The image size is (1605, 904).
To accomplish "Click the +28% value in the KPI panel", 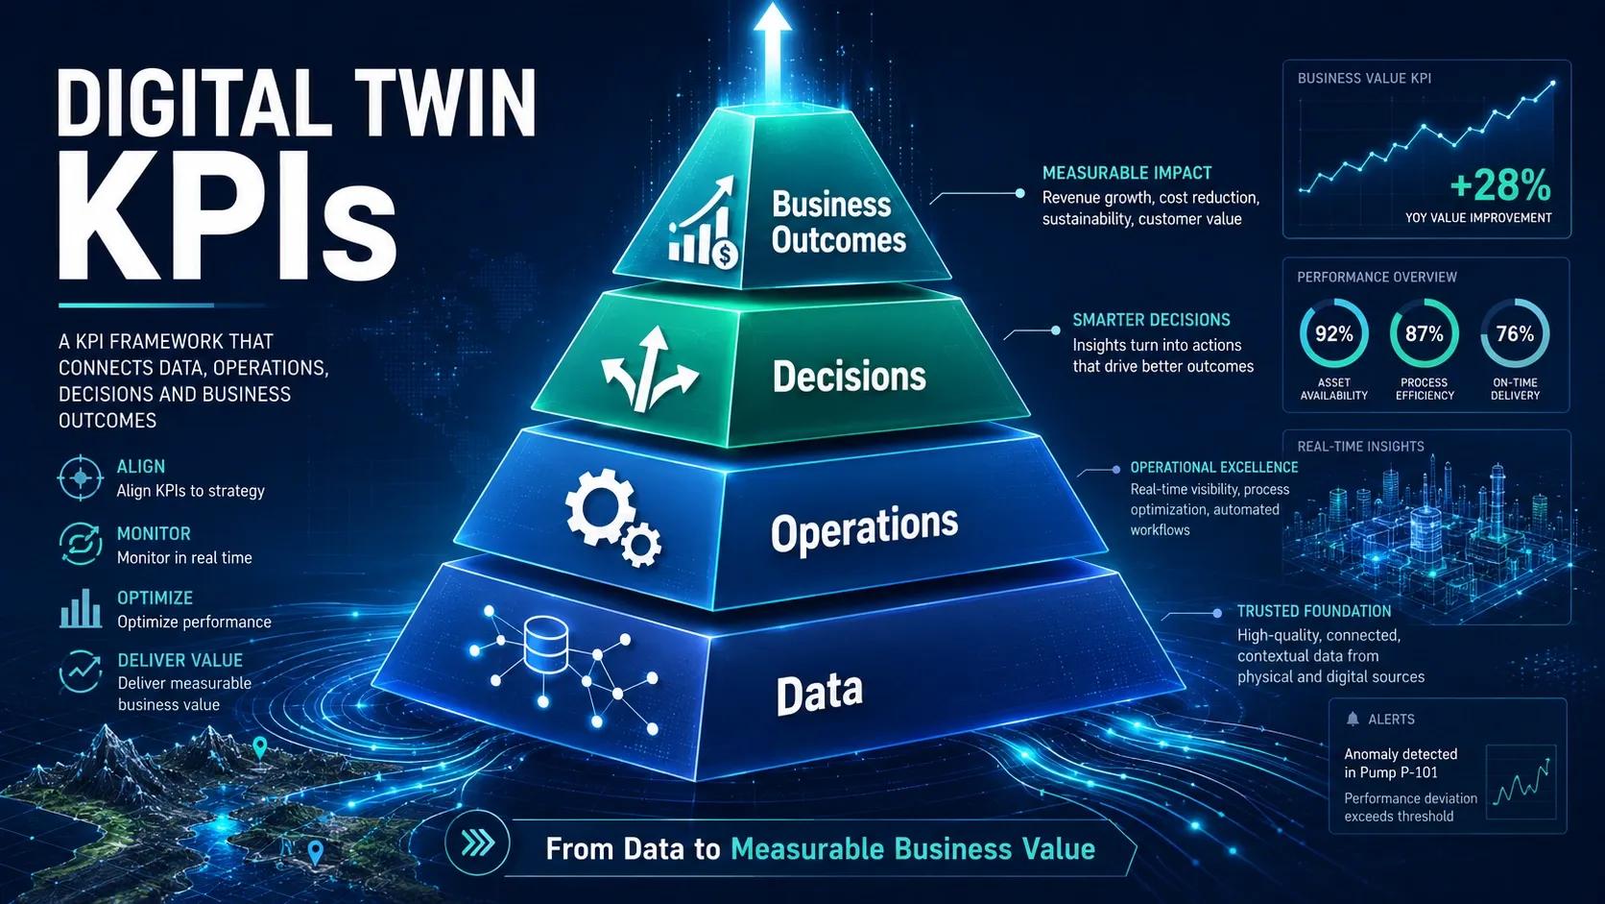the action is coord(1499,185).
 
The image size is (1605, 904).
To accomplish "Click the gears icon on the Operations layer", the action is coord(612,516).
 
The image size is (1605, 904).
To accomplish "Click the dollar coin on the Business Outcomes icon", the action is coord(725,254).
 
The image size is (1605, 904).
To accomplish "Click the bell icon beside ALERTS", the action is coord(1353,719).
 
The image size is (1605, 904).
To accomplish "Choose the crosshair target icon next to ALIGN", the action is coord(81,477).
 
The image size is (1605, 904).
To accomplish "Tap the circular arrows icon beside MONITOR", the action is coord(81,544).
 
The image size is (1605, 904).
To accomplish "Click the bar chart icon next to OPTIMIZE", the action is coord(81,608).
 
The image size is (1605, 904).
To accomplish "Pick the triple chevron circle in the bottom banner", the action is coord(477,843).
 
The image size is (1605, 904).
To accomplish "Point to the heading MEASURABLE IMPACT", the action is coord(1127,173).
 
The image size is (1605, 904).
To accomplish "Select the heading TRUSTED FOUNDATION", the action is coord(1314,611).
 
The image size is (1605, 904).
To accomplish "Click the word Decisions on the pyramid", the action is coord(850,377).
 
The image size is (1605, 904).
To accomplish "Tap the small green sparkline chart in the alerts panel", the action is coord(1521,782).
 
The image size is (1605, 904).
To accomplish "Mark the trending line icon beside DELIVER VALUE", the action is coord(81,671).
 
